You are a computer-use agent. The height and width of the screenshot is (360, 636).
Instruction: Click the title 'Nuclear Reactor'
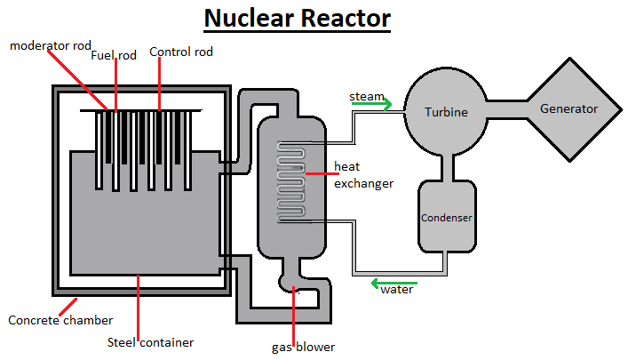[297, 18]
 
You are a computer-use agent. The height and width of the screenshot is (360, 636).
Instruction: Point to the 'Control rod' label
[181, 52]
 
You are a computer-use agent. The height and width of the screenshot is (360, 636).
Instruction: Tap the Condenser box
[446, 216]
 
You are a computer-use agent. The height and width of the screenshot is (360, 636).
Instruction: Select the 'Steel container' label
[151, 341]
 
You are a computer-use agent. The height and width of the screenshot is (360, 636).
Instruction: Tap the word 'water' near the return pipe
[396, 290]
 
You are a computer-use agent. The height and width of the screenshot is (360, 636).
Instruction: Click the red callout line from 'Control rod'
[160, 85]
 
